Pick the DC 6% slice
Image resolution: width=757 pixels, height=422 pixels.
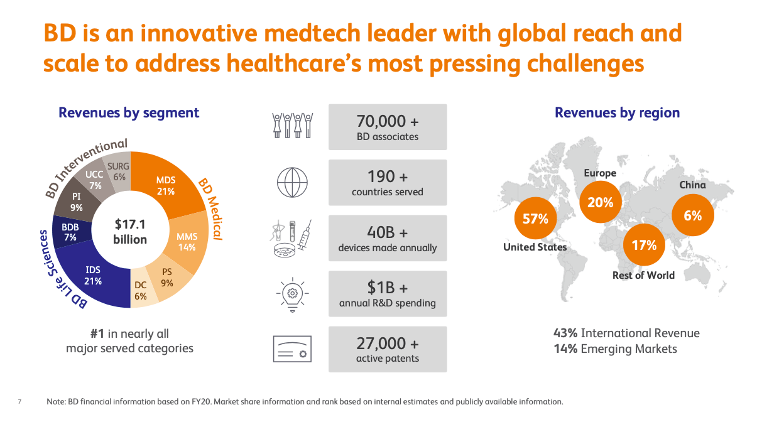[x=140, y=291]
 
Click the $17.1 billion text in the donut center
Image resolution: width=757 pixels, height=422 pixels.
[x=130, y=231]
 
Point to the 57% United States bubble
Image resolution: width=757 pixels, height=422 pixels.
[x=535, y=219]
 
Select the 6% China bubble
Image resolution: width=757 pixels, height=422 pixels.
[x=692, y=215]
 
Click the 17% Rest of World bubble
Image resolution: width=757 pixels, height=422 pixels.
[x=643, y=245]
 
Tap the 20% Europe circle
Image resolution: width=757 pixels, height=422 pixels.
[x=600, y=202]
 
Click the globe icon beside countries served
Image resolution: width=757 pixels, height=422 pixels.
[x=292, y=183]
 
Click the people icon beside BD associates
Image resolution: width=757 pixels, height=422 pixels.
[x=292, y=126]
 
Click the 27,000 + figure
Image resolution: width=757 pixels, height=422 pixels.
[x=387, y=344]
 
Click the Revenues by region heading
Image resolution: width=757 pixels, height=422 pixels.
[x=617, y=113]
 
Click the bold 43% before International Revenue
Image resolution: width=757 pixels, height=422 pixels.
[x=565, y=333]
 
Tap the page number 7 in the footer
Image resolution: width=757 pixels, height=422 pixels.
[x=19, y=401]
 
